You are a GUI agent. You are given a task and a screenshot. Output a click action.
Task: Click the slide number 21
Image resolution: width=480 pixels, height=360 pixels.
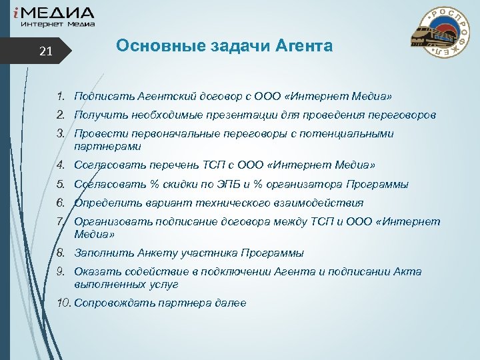[45, 51]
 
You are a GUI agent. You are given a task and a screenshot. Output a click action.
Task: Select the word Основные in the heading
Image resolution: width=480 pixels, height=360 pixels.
[148, 46]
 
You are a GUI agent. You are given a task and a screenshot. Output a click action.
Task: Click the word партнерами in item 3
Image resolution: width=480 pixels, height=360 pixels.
[107, 146]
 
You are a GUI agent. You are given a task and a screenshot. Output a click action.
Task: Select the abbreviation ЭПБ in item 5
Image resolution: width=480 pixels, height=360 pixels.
[227, 184]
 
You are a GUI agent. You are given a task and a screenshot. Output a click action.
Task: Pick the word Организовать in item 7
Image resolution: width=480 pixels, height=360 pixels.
[108, 222]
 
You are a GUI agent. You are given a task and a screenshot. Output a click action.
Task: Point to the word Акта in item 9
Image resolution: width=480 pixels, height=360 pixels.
[411, 272]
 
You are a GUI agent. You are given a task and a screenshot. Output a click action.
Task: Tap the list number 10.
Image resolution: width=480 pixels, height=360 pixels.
[64, 303]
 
